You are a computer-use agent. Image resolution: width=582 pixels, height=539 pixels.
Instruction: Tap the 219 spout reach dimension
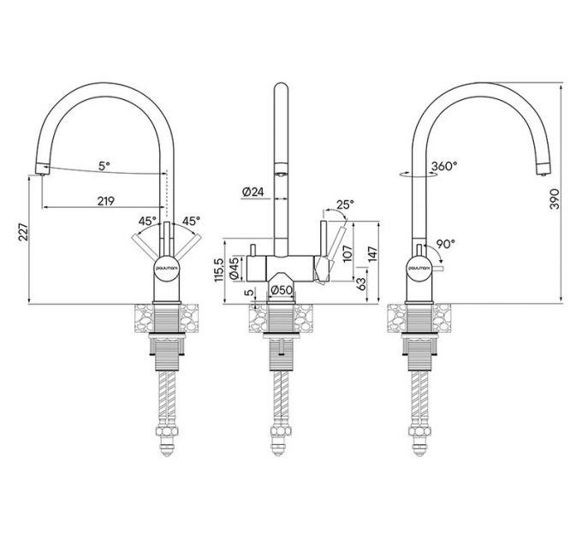coord(106,202)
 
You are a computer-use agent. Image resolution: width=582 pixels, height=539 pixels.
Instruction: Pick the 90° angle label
coord(444,243)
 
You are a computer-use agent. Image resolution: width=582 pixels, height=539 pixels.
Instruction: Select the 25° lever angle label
coord(346,204)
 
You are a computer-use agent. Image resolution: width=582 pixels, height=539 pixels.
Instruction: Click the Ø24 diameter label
coord(252,192)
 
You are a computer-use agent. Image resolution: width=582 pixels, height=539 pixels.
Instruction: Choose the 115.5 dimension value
coord(219,270)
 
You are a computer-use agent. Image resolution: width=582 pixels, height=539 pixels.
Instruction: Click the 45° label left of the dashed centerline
coord(147,221)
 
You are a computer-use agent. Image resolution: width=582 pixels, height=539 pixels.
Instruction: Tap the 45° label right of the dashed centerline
coord(189,221)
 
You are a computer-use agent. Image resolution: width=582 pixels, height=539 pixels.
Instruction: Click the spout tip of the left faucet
coord(39,168)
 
